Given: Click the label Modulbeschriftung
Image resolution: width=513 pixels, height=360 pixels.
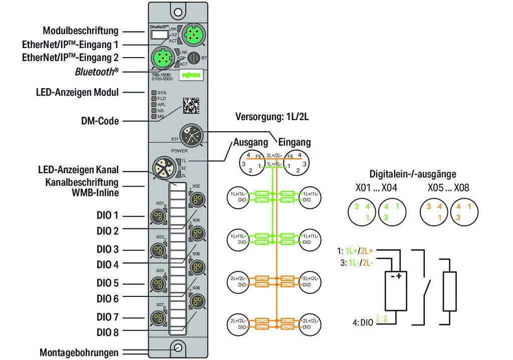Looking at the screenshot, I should tap(81, 31).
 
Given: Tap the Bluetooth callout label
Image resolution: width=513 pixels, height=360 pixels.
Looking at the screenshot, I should tap(97, 72).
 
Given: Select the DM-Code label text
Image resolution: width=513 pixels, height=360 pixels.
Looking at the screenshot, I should tap(100, 121).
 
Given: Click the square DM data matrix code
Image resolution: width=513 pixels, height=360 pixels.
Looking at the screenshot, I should tap(190, 105).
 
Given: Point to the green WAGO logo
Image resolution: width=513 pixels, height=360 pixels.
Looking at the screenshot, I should tap(191, 75).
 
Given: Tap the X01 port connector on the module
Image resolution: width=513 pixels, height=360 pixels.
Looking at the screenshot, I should tap(159, 216).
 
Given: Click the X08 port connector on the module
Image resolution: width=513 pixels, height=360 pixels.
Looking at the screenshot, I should tap(197, 301).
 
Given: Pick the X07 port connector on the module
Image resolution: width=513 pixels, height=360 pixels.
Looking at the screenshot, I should tap(159, 317).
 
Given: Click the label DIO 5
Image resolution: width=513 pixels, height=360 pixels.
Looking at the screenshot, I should tap(108, 283).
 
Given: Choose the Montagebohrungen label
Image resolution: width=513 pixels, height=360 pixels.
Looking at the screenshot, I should tap(79, 352).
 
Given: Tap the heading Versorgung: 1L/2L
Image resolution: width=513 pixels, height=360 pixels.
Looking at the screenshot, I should tap(273, 117).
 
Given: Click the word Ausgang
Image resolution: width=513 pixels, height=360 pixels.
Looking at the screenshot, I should tap(251, 142).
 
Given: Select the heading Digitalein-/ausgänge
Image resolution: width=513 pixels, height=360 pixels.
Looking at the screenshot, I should tap(413, 174).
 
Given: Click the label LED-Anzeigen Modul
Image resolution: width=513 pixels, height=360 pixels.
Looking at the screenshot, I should tap(77, 92).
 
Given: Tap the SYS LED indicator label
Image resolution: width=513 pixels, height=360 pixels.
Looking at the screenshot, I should tap(161, 93).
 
